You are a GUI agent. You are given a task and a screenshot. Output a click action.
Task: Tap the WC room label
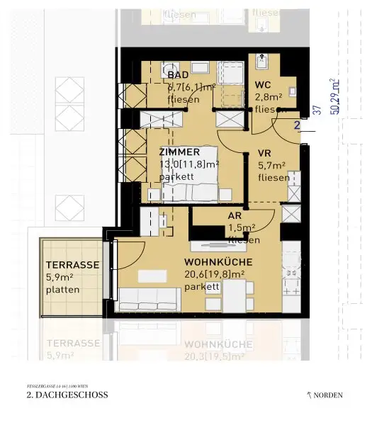point(264,85)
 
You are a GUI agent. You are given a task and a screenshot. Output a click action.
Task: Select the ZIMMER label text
point(179,152)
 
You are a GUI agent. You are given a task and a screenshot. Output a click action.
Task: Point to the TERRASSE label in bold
point(72,265)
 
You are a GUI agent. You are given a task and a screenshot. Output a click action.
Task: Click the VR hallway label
point(265,153)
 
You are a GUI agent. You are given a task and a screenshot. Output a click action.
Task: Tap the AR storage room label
point(235,216)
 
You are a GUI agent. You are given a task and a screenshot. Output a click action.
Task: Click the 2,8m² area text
point(269,97)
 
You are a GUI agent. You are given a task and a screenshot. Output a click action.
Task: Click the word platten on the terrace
point(63,289)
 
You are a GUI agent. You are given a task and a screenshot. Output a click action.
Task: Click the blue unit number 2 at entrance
point(298,125)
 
